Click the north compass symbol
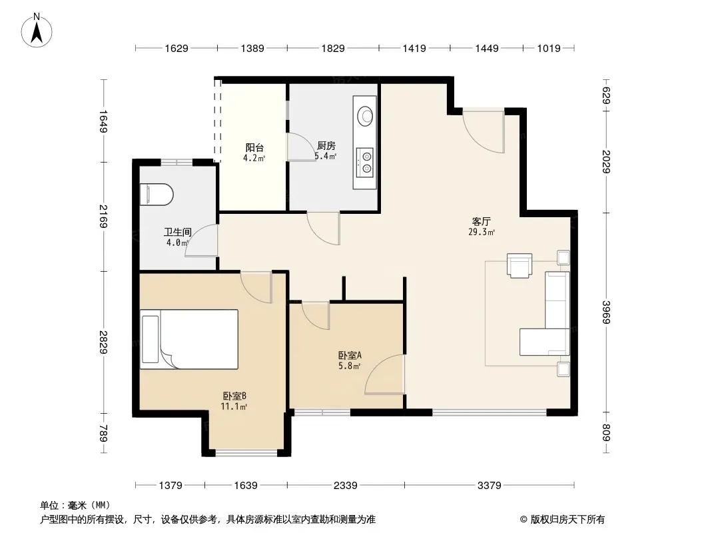tap(37, 31)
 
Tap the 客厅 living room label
tap(481, 221)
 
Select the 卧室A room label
tap(350, 356)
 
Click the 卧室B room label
tap(234, 396)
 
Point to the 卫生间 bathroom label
tap(177, 233)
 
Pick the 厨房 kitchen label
tap(326, 146)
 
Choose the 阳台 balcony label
tap(254, 148)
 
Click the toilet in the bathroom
tap(157, 195)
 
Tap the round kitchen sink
tap(365, 115)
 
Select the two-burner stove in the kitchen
tap(364, 163)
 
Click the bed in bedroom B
tap(188, 339)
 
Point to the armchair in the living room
tap(520, 265)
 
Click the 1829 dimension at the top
tap(333, 48)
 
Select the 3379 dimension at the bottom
tap(489, 486)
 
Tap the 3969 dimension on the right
tap(606, 312)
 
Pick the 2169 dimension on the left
tap(104, 217)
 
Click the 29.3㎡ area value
tap(482, 233)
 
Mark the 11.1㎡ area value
tap(234, 406)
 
